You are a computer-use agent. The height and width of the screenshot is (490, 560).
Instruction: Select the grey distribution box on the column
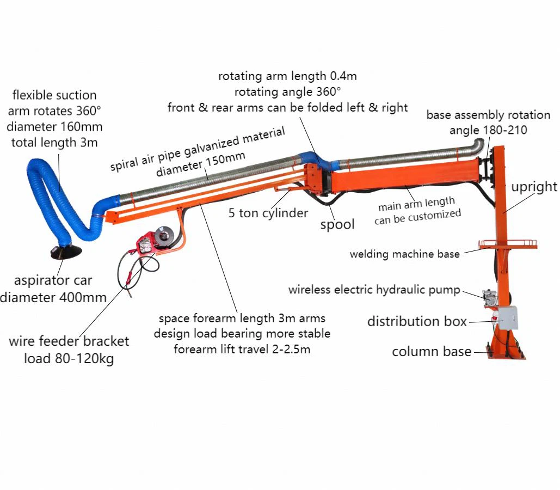pos(508,317)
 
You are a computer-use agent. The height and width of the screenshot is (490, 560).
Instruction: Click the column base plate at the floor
pos(506,354)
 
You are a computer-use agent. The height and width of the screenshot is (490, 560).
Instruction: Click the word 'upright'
pos(533,187)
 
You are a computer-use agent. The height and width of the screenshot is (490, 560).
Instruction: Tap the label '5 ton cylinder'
pos(268,213)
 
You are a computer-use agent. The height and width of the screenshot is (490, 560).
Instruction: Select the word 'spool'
pos(337,224)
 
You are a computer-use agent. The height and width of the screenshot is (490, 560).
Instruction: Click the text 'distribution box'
pos(417,321)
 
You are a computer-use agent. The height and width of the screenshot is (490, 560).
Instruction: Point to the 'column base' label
pos(432,352)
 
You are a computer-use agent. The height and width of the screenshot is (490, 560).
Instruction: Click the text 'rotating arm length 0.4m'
pos(287,76)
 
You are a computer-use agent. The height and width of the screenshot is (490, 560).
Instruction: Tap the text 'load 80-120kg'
pos(69,359)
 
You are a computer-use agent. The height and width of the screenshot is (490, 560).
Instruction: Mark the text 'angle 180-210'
pos(488,130)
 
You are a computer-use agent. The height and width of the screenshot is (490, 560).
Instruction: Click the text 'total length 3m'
pos(54,143)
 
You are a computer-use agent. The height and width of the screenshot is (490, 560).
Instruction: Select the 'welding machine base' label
pos(404,254)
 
